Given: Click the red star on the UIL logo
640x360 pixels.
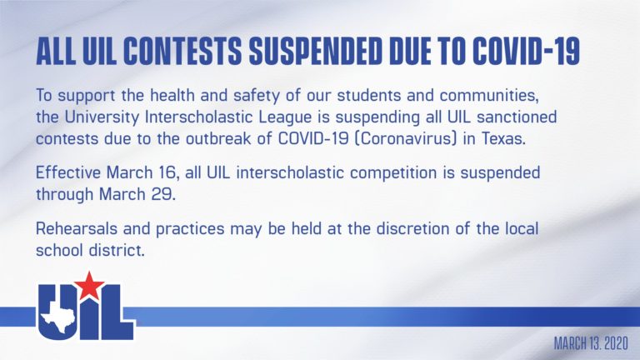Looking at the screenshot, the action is [89, 285].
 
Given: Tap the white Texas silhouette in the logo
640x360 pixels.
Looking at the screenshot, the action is [57, 317].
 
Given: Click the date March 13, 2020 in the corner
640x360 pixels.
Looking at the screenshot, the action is [591, 343].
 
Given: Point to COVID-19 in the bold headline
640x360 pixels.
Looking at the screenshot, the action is [526, 52].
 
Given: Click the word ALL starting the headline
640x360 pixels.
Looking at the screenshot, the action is [56, 52].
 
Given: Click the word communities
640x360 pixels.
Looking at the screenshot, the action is [487, 96].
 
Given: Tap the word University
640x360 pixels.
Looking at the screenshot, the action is [102, 118].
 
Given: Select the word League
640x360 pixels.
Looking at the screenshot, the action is [285, 118].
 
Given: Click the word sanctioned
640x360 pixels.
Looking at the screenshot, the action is [517, 117].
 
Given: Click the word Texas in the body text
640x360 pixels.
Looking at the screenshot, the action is [503, 139].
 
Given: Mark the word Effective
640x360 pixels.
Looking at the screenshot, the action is [67, 172].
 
